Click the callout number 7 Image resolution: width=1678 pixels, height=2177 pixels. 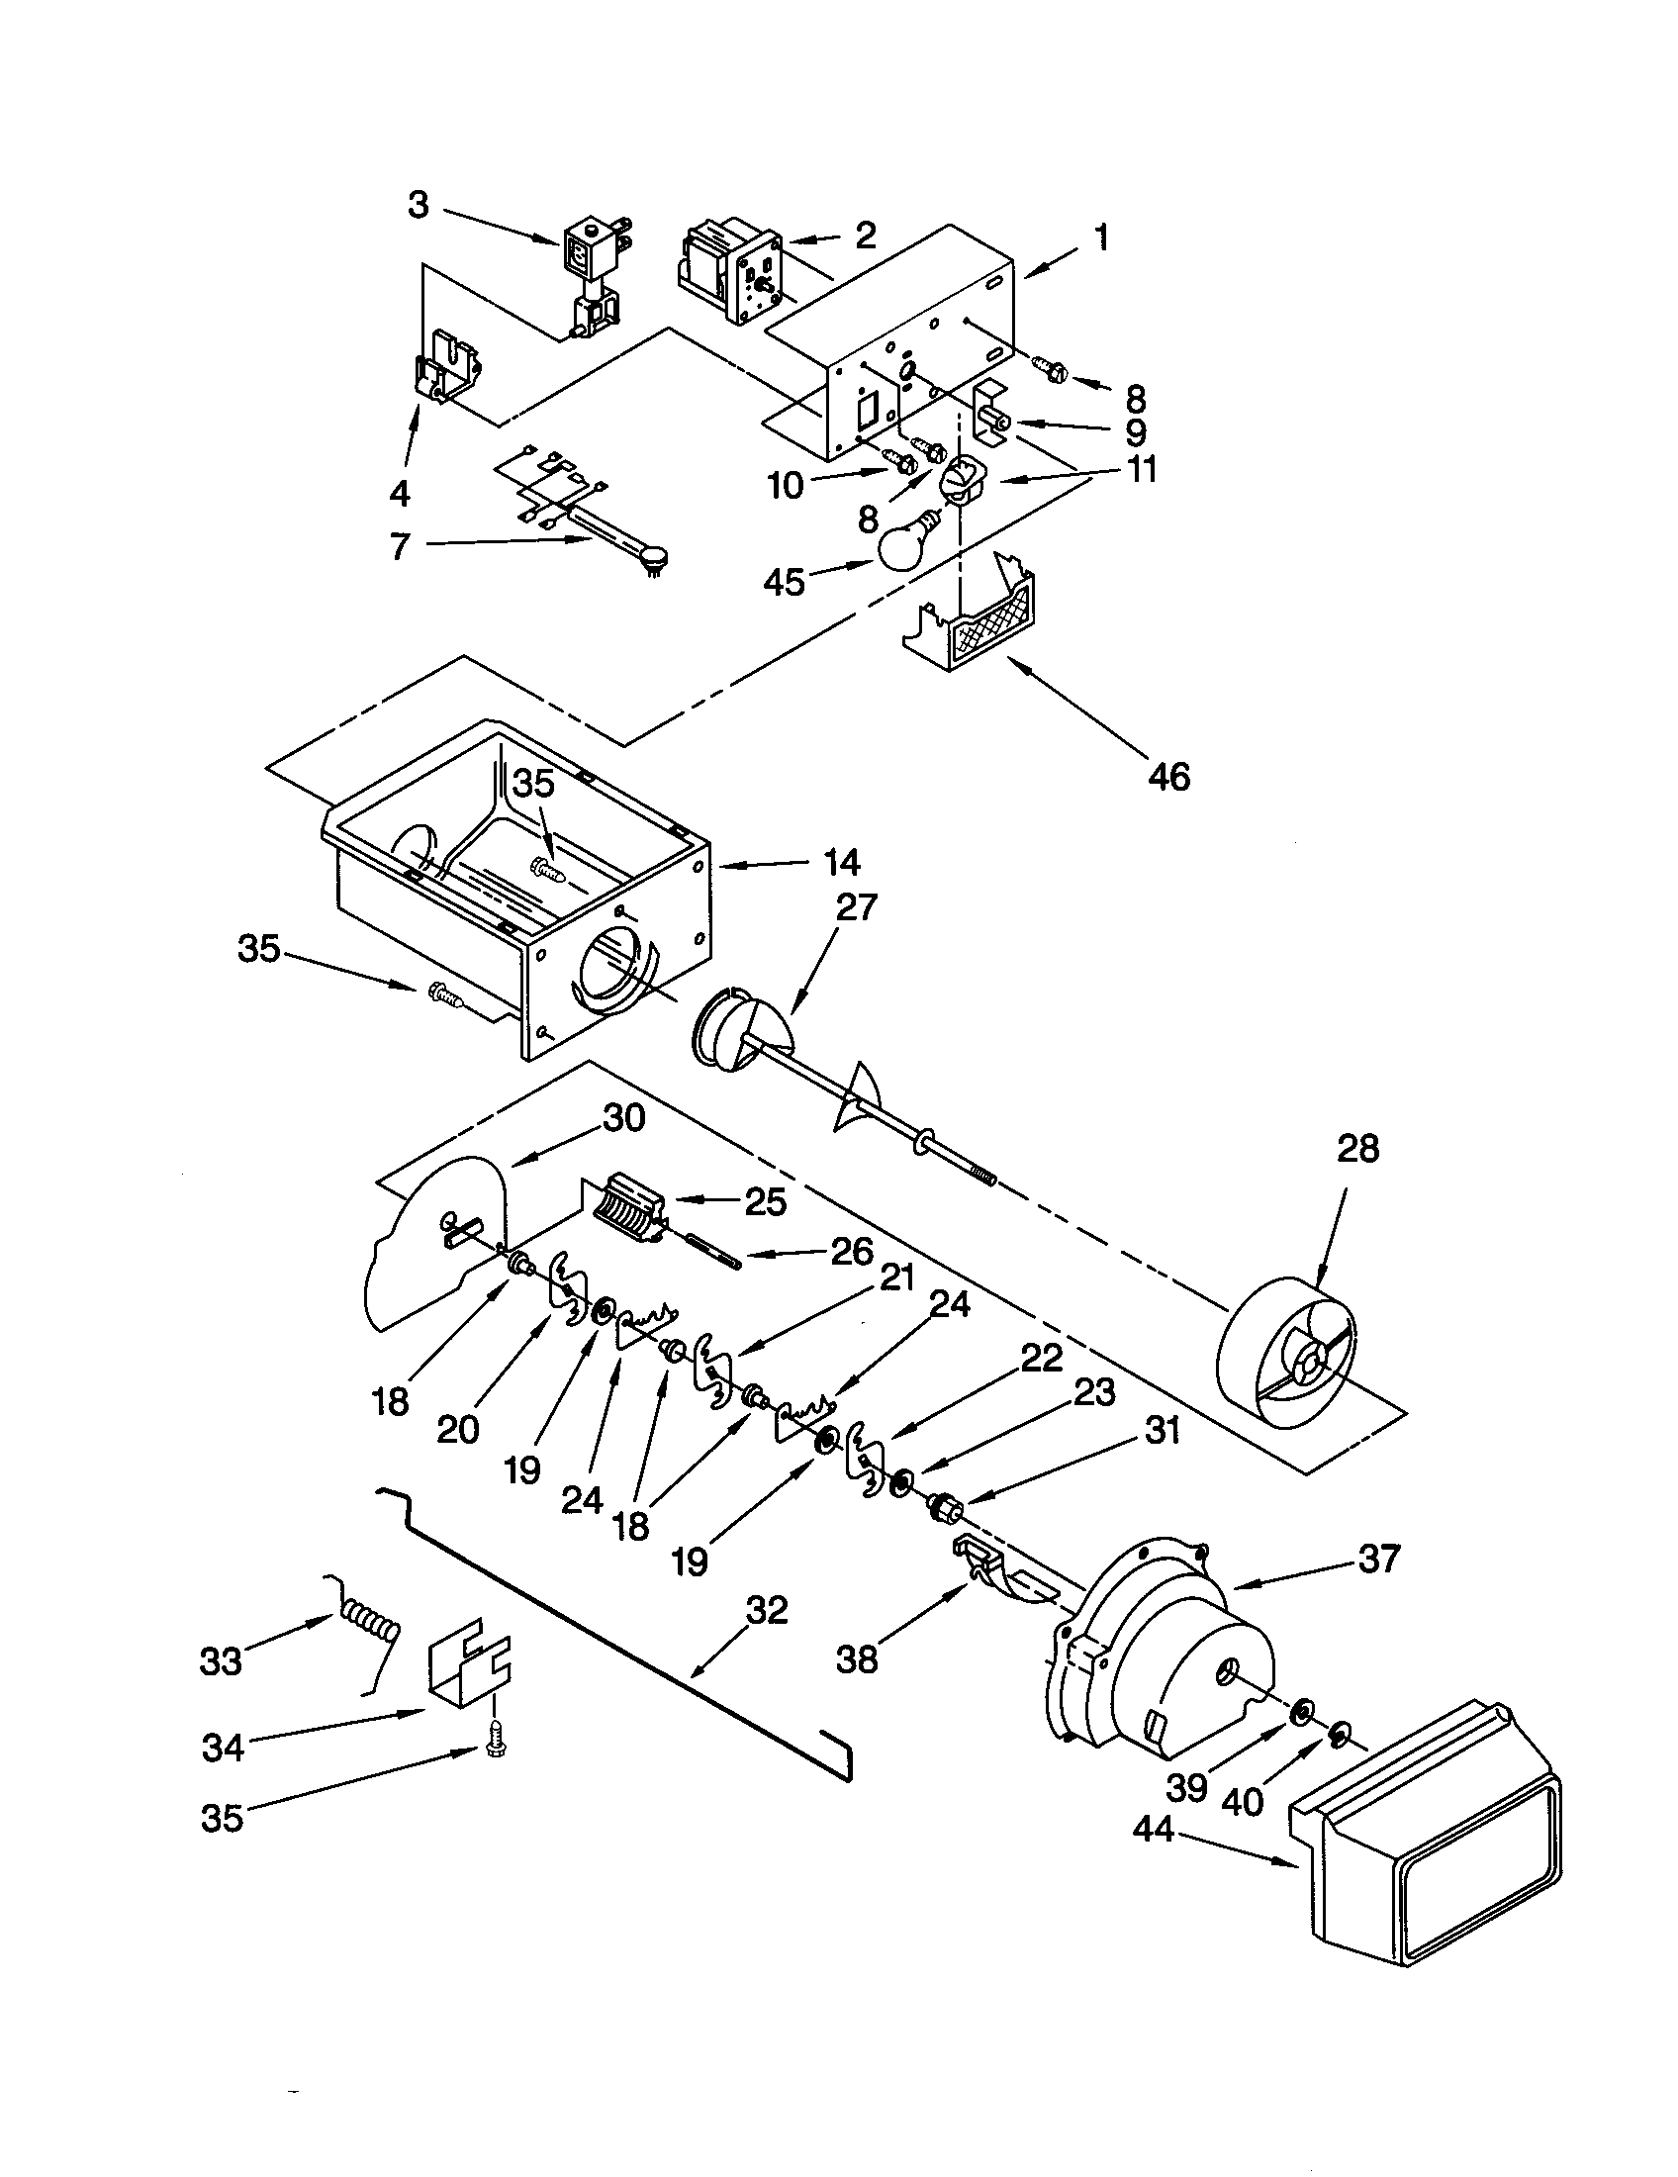click(x=401, y=545)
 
